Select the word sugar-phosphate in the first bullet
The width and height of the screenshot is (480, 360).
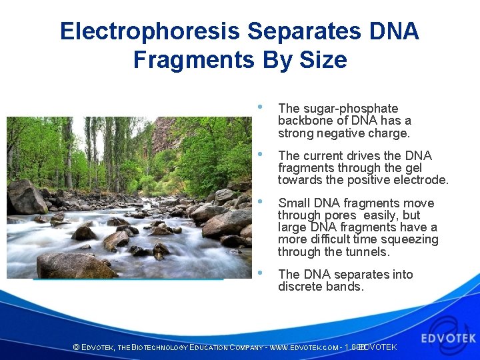pyautogui.click(x=349, y=109)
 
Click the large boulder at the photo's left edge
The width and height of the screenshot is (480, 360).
pyautogui.click(x=27, y=198)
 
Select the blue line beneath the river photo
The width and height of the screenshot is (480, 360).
pyautogui.click(x=128, y=279)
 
